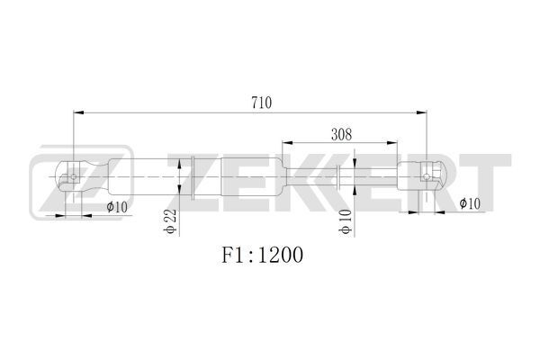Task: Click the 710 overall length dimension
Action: pyautogui.click(x=261, y=103)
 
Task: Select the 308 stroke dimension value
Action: pyautogui.click(x=341, y=134)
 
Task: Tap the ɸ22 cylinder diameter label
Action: pyautogui.click(x=170, y=221)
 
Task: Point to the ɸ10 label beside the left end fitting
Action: pyautogui.click(x=117, y=207)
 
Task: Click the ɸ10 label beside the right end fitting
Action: pyautogui.click(x=470, y=203)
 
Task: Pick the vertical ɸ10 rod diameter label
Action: pyautogui.click(x=346, y=221)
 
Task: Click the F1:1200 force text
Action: pyautogui.click(x=262, y=255)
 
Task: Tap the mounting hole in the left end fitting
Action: pyautogui.click(x=74, y=176)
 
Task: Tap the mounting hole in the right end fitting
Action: pyautogui.click(x=427, y=176)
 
